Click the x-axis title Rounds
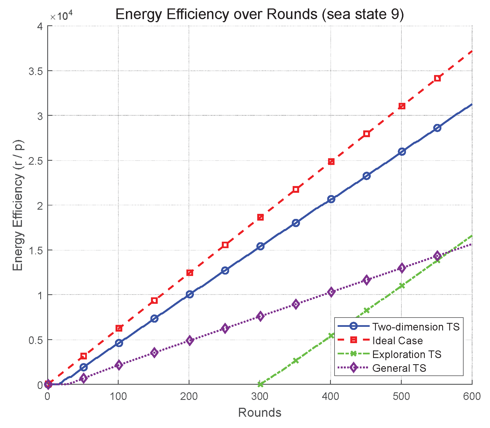point(259,413)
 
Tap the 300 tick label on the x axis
point(259,396)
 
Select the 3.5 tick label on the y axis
point(36,71)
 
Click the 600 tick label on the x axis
point(472,396)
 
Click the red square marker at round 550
point(437,78)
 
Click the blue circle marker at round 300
point(260,246)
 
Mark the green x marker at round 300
point(260,384)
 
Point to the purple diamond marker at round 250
point(225,328)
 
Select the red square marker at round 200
point(190,273)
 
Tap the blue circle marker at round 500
point(402,151)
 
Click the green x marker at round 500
point(402,286)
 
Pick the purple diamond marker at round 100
point(119,365)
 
